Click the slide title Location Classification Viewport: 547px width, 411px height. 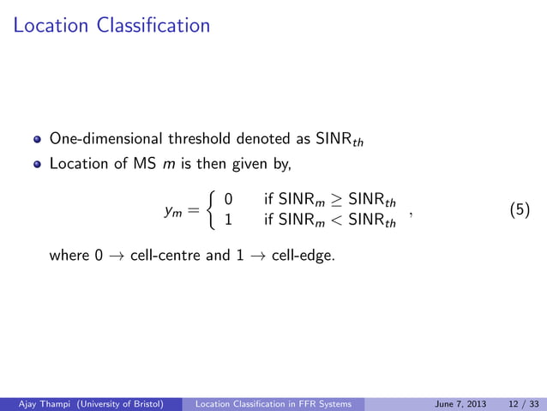tap(111, 26)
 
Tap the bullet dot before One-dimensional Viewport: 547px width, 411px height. tap(37, 138)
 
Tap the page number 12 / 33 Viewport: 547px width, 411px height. tap(518, 403)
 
